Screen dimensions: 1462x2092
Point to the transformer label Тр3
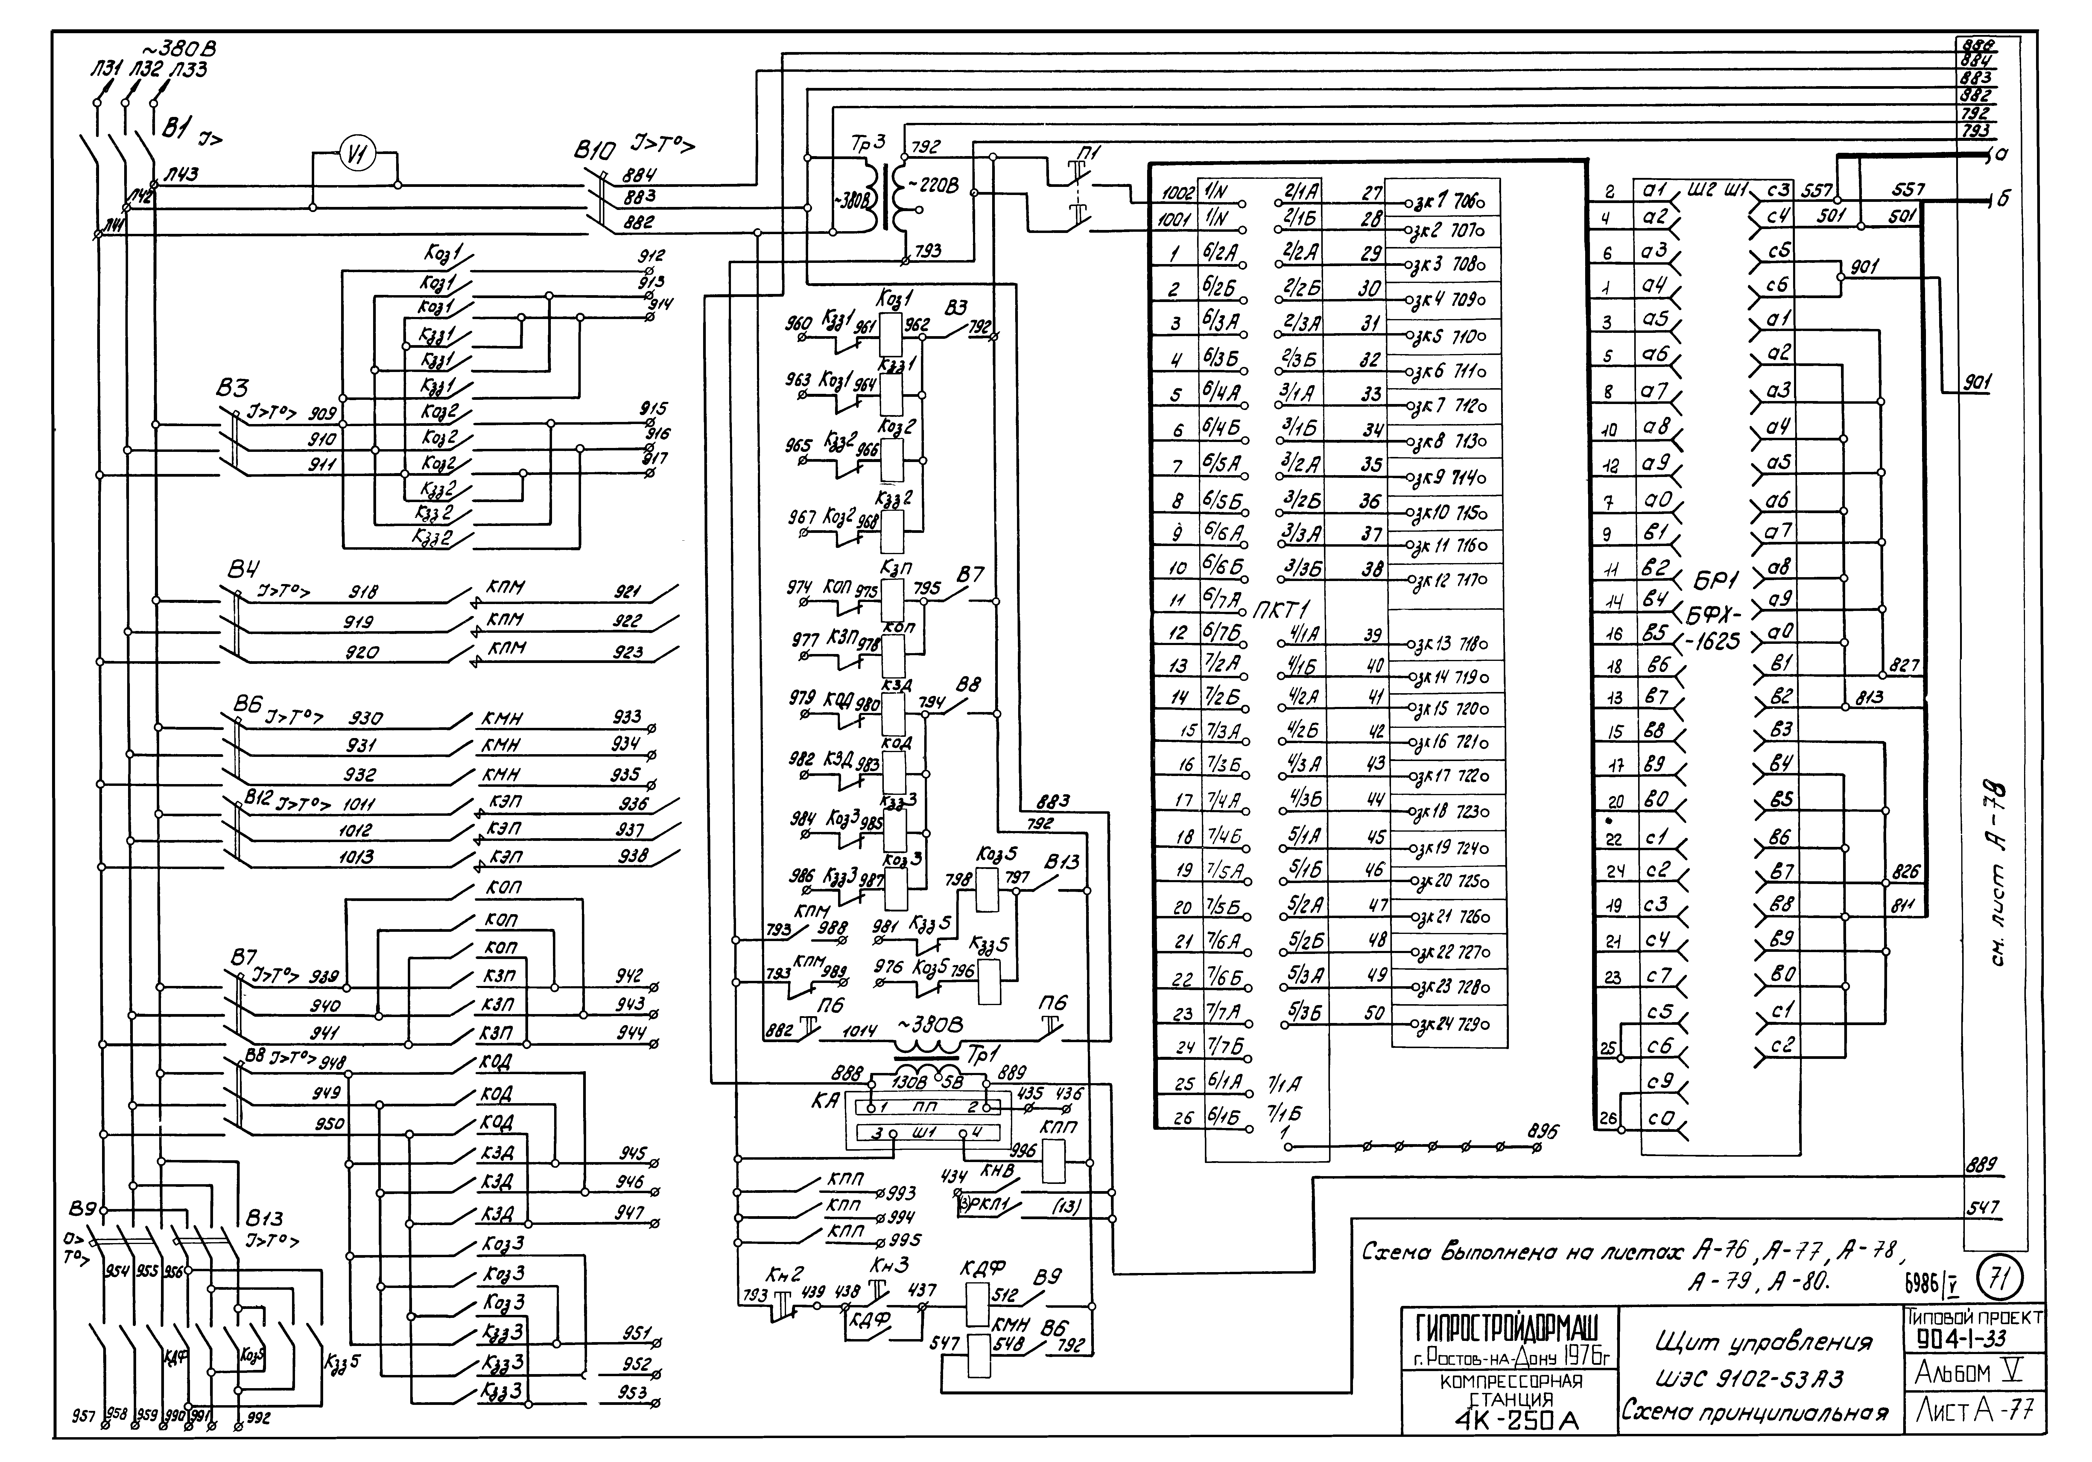[866, 143]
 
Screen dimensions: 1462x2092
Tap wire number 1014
[859, 1032]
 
